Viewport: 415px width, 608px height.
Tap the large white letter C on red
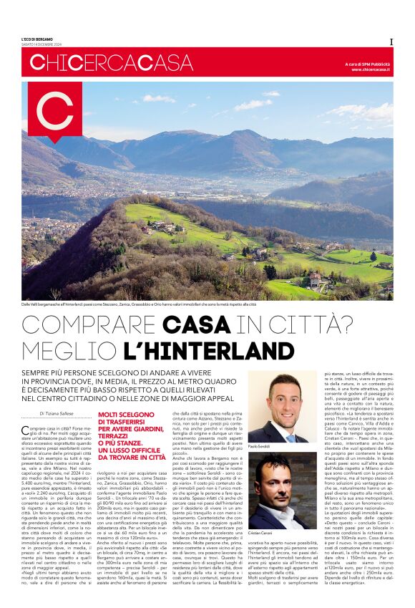click(x=54, y=114)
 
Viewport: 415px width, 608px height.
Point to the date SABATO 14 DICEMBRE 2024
click(x=47, y=44)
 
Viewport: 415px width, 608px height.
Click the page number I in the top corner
click(x=391, y=42)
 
